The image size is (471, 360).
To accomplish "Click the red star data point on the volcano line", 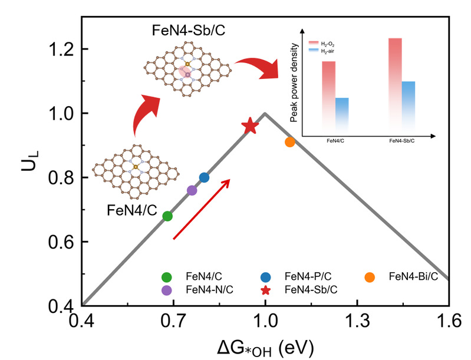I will tap(250, 125).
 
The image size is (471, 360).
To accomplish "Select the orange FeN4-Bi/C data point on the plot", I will tap(289, 142).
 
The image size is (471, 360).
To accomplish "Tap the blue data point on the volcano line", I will tap(204, 177).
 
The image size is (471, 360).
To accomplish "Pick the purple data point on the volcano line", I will tap(192, 190).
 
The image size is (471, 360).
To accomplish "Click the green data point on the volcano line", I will tap(167, 216).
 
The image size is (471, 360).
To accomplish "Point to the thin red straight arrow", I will tap(202, 209).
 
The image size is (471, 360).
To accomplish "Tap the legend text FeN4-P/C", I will tap(307, 276).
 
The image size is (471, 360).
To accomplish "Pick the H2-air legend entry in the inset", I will tap(330, 51).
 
